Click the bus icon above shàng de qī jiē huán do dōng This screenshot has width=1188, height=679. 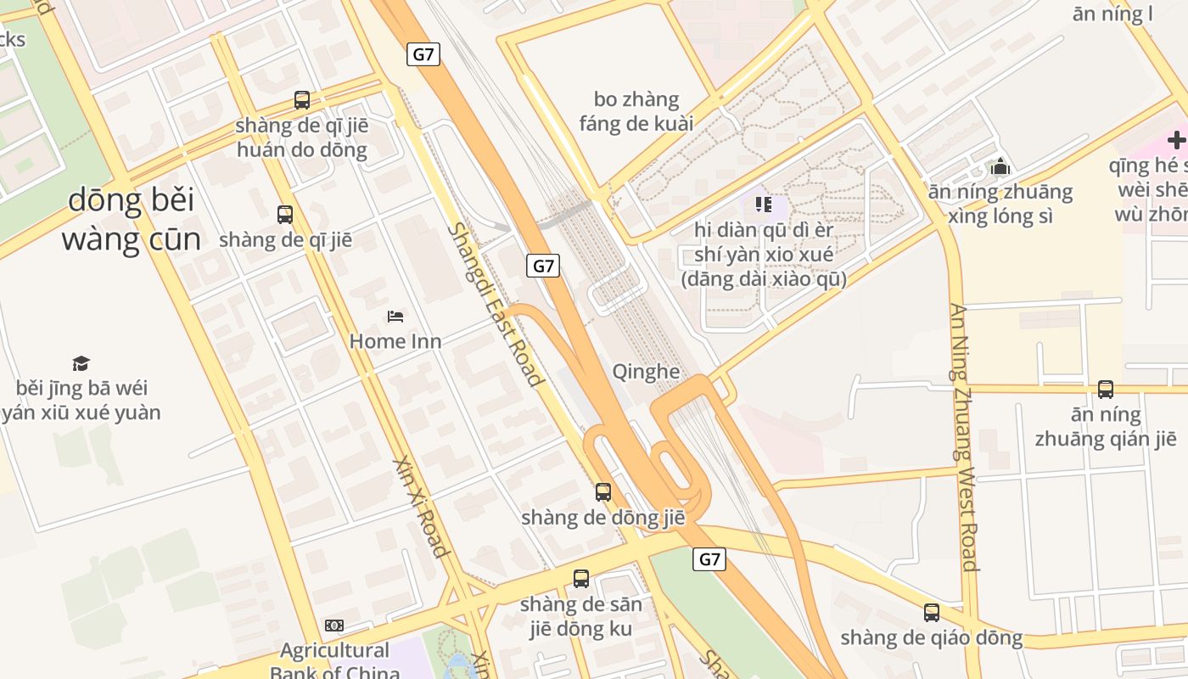[x=302, y=100]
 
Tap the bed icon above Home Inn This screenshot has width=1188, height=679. [x=395, y=317]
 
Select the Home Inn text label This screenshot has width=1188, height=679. [x=395, y=341]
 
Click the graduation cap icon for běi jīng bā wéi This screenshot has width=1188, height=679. [x=81, y=363]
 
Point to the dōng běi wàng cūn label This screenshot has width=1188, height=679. [x=131, y=220]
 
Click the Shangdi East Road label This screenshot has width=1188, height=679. [x=496, y=304]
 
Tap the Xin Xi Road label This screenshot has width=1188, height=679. [x=421, y=507]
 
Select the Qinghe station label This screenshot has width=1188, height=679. [x=646, y=372]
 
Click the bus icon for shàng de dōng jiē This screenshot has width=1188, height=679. [x=603, y=491]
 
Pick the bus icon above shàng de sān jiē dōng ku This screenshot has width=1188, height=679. [x=581, y=579]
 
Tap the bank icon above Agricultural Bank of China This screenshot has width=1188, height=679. [x=334, y=626]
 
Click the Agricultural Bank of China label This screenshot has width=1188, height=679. [x=334, y=661]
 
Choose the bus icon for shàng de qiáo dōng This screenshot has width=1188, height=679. [x=932, y=613]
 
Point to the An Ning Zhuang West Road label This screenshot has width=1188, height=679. [x=965, y=436]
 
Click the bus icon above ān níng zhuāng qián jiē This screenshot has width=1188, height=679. [x=1106, y=390]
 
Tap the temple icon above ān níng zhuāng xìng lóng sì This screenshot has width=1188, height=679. [x=1000, y=166]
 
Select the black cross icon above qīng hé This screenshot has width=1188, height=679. [x=1176, y=140]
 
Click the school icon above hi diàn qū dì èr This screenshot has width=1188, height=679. [x=763, y=205]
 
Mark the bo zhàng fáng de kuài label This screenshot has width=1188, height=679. [x=636, y=111]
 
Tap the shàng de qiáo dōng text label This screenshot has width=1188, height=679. [x=932, y=638]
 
